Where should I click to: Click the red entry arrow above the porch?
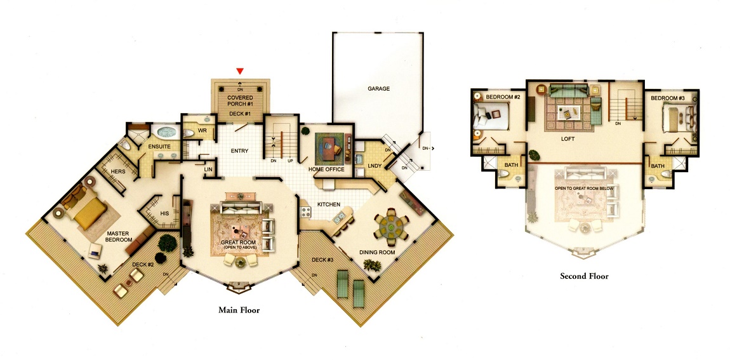click(240, 71)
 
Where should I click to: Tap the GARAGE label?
click(378, 88)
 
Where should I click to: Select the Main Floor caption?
click(239, 310)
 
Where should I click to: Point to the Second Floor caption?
click(584, 276)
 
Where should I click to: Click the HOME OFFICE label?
click(326, 170)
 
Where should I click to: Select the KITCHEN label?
click(329, 204)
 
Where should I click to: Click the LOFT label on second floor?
click(568, 139)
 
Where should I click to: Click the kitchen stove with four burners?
click(306, 212)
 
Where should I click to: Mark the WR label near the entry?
click(202, 131)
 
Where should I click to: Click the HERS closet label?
click(118, 171)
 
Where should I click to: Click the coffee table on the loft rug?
click(570, 112)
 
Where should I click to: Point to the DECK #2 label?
click(143, 265)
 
